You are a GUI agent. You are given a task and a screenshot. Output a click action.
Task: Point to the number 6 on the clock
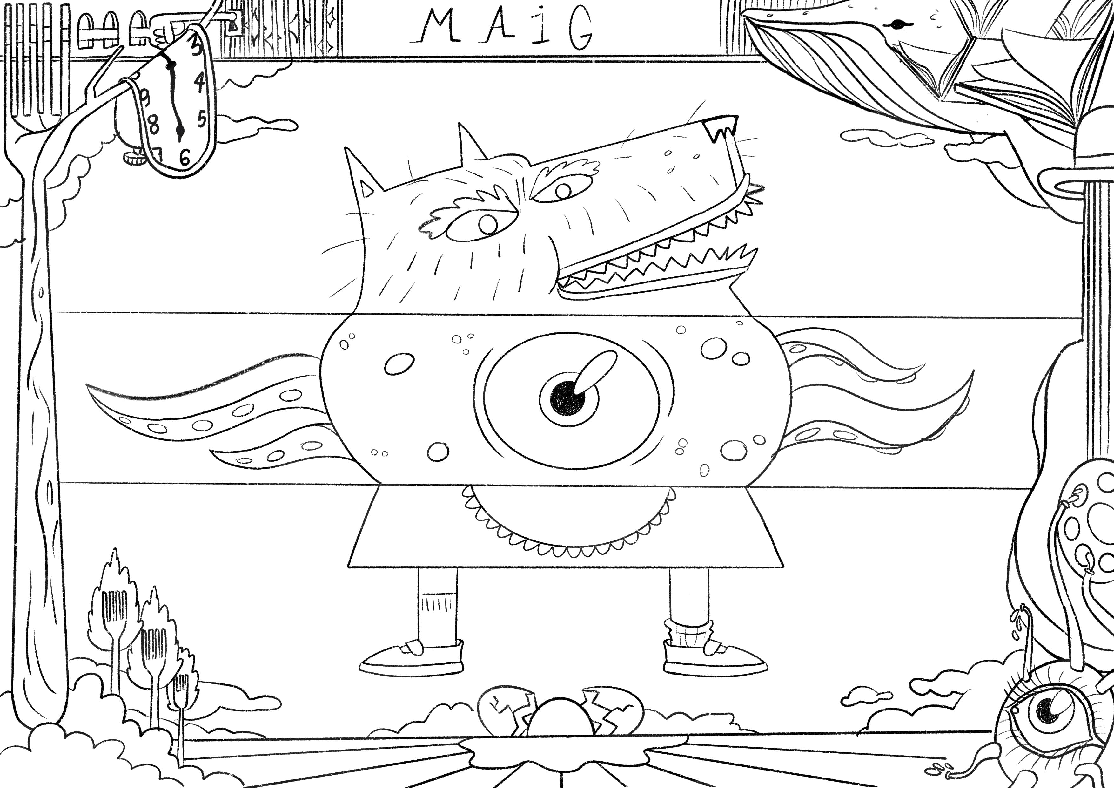[x=185, y=157]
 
